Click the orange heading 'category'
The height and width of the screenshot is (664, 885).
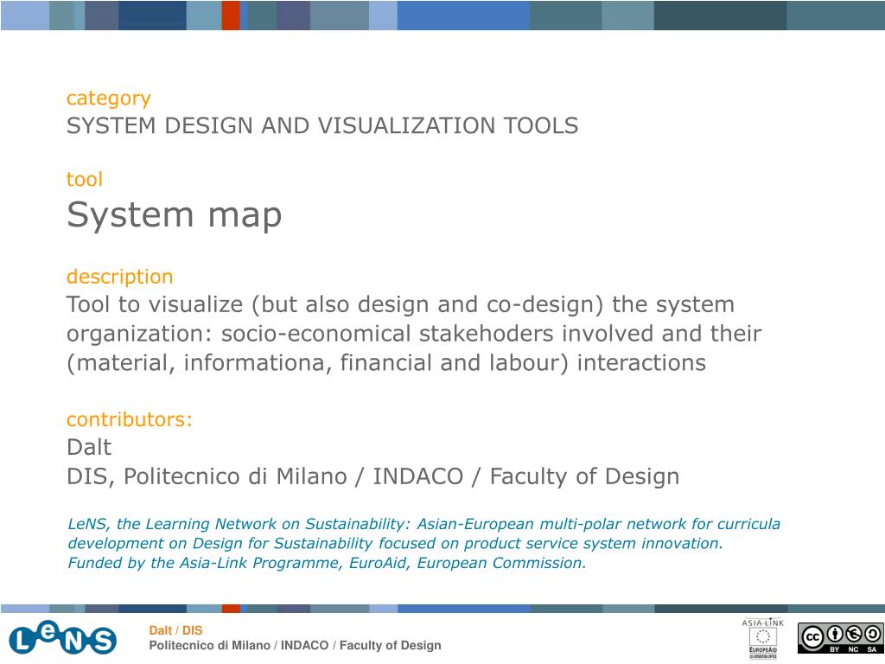click(108, 99)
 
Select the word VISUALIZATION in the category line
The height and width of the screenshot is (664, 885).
click(406, 125)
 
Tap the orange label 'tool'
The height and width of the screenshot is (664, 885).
click(85, 180)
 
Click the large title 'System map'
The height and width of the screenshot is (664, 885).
click(174, 215)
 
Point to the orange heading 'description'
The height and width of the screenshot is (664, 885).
click(119, 277)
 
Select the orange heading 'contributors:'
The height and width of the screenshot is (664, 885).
click(130, 419)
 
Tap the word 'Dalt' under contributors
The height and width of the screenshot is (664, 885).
click(89, 447)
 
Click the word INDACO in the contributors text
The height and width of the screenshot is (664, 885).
click(417, 476)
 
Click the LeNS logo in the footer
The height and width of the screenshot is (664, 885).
click(62, 639)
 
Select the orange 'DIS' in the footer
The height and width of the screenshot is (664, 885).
click(192, 630)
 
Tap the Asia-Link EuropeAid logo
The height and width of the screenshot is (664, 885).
click(762, 638)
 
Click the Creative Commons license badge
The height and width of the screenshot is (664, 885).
click(840, 638)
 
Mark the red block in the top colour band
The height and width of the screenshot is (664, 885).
click(231, 16)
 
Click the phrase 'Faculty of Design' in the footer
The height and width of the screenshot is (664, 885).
click(390, 645)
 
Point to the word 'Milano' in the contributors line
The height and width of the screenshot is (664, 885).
click(311, 476)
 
